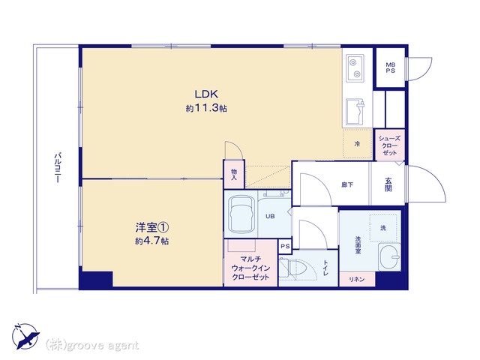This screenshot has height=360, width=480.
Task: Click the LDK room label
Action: [x=206, y=94]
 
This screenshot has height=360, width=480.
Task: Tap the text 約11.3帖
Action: [x=206, y=108]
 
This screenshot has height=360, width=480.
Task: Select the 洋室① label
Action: [x=152, y=227]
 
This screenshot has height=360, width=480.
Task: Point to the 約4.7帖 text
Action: [x=152, y=241]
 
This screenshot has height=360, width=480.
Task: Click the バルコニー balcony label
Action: [x=58, y=167]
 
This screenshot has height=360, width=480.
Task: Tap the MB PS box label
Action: [x=390, y=67]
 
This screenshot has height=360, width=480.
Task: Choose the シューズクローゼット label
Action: [x=389, y=145]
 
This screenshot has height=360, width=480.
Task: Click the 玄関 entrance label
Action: [x=388, y=184]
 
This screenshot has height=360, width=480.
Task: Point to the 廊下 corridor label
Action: [x=347, y=184]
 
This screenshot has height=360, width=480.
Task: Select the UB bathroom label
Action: [x=270, y=217]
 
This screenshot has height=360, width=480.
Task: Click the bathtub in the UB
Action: [x=241, y=214]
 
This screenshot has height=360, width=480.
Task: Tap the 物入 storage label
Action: [x=234, y=174]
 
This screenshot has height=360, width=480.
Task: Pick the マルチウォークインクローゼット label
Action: [x=250, y=268]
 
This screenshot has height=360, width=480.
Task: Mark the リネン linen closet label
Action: [x=357, y=279]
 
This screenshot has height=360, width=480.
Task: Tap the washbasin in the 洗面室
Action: [x=390, y=256]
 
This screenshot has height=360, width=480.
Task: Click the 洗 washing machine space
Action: [x=383, y=228]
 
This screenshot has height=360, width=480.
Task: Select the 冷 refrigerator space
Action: [x=357, y=143]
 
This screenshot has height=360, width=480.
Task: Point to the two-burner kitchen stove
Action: [x=355, y=68]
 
